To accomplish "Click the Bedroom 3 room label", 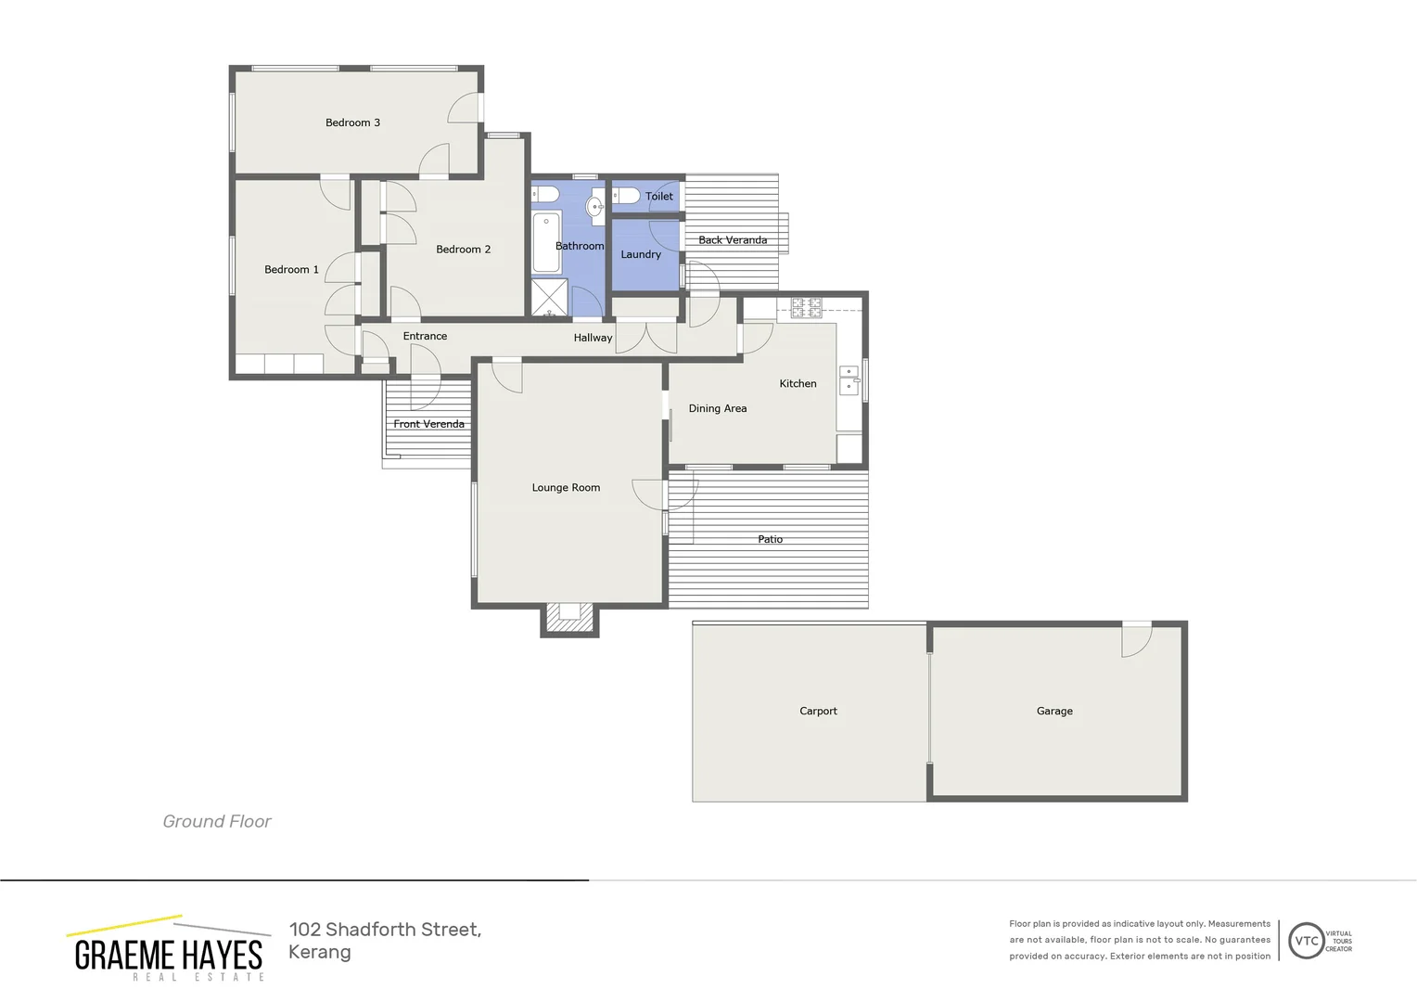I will click(x=352, y=122).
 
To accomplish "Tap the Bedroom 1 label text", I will click(x=291, y=270).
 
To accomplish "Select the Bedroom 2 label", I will click(x=463, y=250).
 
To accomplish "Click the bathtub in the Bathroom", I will click(x=546, y=242).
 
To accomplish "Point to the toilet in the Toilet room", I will click(x=626, y=196).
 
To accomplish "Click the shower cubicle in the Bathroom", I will click(x=549, y=298).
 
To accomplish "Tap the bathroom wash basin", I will click(x=595, y=208).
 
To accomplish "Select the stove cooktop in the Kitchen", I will click(x=806, y=308).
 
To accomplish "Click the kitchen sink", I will click(x=849, y=380).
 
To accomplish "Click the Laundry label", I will click(x=641, y=254).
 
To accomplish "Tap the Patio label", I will click(x=770, y=539).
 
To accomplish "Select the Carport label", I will click(x=818, y=712).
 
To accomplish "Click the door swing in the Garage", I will click(x=1136, y=640).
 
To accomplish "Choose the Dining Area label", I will click(x=717, y=408).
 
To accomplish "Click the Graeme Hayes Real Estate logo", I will click(x=168, y=949).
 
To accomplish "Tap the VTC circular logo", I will click(x=1306, y=941).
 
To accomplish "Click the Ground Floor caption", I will click(x=217, y=821).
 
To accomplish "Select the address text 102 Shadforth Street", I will click(x=385, y=930).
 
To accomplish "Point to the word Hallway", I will click(x=593, y=338).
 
